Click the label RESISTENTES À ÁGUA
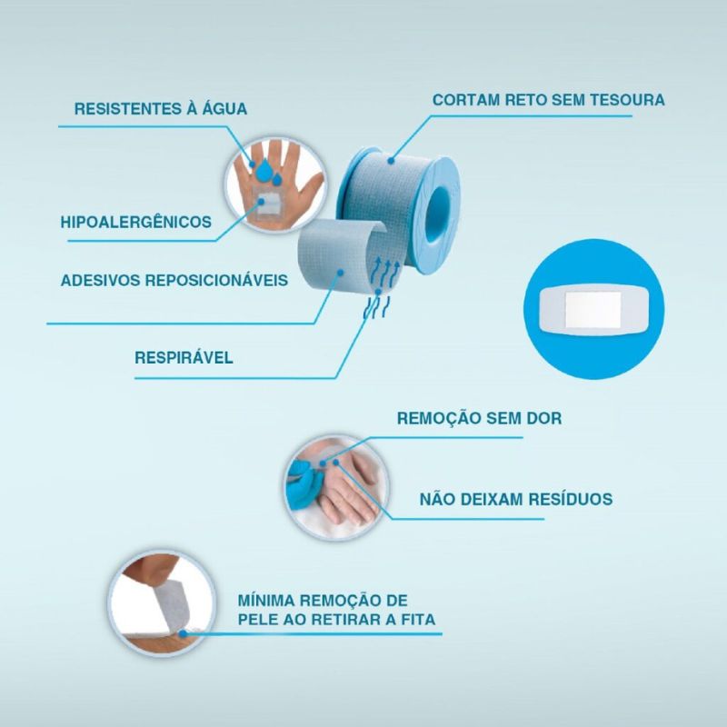click(161, 108)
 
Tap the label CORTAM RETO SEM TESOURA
click(549, 100)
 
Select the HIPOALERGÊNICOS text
click(135, 222)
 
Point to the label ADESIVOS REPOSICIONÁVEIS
click(174, 280)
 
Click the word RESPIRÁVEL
click(184, 357)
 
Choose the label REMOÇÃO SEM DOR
click(480, 418)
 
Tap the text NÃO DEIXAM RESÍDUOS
click(516, 499)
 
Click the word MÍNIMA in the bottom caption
click(266, 601)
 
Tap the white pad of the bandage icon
click(593, 309)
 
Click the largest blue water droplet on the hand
click(264, 170)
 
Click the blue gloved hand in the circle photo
click(304, 483)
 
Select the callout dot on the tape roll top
click(391, 161)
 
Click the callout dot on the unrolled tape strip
click(340, 273)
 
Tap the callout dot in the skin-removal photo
click(184, 633)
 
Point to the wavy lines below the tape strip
click(376, 308)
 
